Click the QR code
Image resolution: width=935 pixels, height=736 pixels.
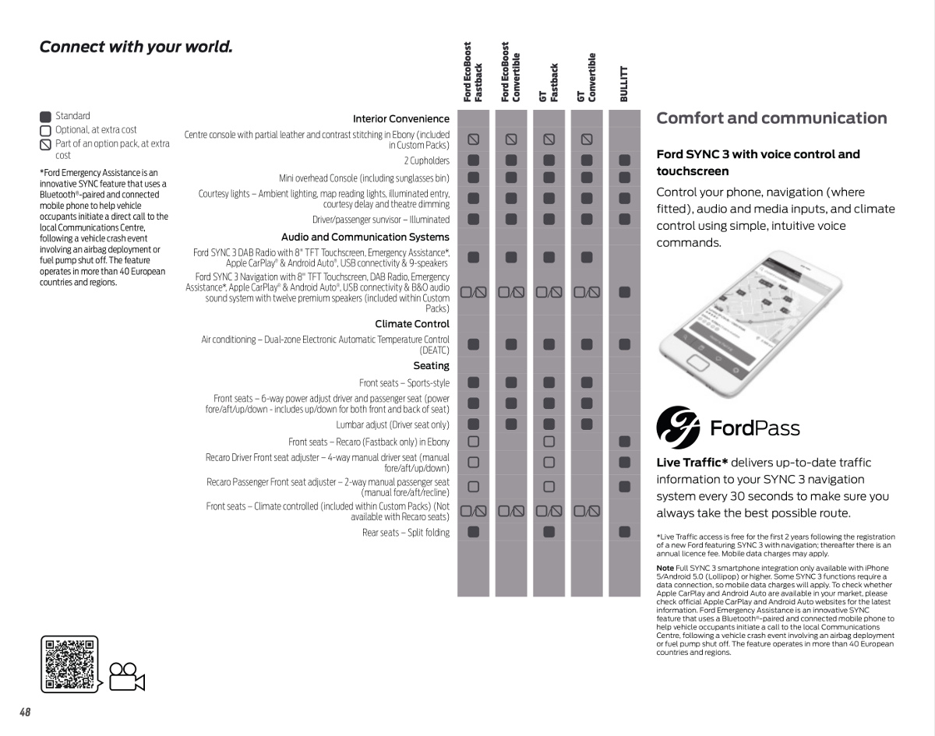point(69,664)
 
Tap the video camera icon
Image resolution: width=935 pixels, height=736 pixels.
point(128,677)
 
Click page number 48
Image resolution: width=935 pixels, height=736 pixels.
point(25,712)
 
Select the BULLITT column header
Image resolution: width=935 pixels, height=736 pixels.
point(623,83)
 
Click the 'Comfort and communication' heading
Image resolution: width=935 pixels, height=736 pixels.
point(771,118)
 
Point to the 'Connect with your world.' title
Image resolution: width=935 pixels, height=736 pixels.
point(136,47)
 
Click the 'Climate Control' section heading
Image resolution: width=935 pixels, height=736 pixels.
point(411,324)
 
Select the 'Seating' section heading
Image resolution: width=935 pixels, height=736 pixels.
point(431,366)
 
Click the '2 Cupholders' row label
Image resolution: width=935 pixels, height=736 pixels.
point(426,160)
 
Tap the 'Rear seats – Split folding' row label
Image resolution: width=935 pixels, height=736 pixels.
point(405,533)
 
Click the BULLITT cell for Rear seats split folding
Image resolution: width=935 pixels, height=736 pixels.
point(624,532)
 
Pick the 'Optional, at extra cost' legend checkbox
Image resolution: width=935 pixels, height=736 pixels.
point(45,131)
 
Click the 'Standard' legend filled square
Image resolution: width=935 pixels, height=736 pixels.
point(45,117)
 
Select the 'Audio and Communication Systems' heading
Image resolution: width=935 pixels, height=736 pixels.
point(365,237)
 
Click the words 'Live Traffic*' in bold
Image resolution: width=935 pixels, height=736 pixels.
point(692,463)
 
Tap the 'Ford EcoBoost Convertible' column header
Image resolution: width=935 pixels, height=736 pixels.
point(510,72)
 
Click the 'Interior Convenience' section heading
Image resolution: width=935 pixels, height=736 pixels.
point(400,119)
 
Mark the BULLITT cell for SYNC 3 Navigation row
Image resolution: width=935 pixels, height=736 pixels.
point(624,293)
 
